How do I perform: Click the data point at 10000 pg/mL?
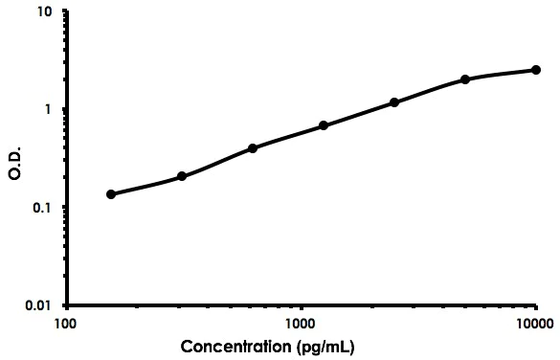(x=536, y=70)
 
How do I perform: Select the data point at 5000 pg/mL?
(x=465, y=79)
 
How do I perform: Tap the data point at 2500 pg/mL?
(x=394, y=102)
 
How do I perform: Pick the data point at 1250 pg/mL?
(x=324, y=125)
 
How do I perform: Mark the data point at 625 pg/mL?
(x=253, y=148)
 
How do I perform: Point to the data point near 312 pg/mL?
(x=182, y=176)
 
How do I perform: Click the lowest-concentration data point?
(x=111, y=194)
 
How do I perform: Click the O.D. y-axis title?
(x=13, y=159)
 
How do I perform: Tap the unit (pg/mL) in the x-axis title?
(x=326, y=346)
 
